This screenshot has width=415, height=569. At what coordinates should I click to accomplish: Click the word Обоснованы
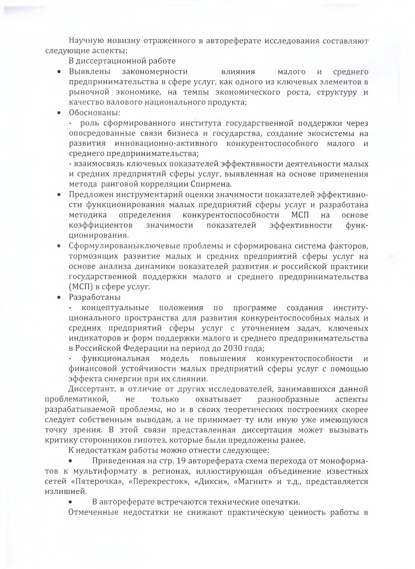tap(95, 113)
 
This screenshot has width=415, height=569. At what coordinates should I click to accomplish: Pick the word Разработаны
tap(95, 297)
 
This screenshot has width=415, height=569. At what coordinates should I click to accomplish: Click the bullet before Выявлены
tap(59, 72)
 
